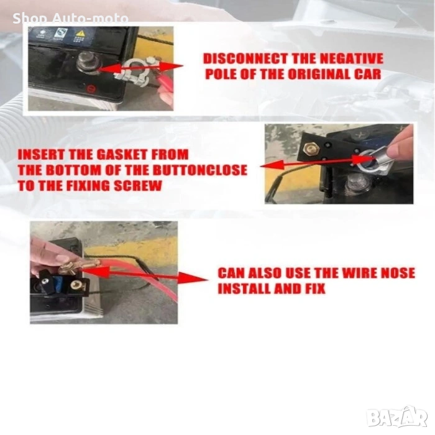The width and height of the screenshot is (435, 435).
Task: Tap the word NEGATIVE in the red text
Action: point(352,59)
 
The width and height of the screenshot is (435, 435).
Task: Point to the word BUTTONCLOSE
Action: point(199,170)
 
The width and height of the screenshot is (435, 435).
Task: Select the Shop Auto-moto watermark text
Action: point(70,18)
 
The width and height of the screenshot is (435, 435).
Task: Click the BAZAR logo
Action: point(397,418)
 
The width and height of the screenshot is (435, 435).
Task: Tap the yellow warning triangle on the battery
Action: point(80,34)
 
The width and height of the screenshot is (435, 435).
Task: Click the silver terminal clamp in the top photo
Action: point(135,71)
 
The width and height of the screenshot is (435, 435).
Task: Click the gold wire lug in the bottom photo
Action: point(78,266)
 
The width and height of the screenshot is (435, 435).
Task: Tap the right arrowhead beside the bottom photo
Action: point(193,278)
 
